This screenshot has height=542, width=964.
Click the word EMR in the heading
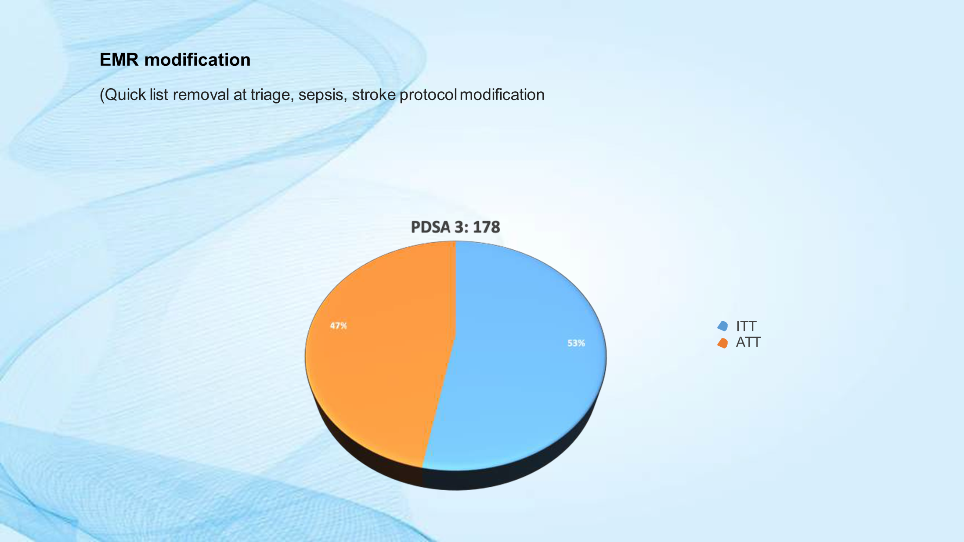tap(119, 60)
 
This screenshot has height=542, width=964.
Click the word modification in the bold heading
tap(198, 60)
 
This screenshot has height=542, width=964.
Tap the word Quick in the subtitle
tap(125, 95)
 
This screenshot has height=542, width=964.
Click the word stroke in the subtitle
tap(374, 95)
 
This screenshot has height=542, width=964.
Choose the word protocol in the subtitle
tap(428, 95)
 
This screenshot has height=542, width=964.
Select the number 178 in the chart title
tap(487, 227)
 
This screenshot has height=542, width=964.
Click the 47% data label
tap(338, 326)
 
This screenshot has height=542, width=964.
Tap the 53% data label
tap(576, 343)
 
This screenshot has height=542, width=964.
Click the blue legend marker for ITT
tap(722, 326)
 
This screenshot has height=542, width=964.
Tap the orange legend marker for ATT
tap(722, 343)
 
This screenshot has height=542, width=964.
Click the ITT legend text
tap(746, 326)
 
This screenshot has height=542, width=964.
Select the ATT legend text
tap(748, 342)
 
